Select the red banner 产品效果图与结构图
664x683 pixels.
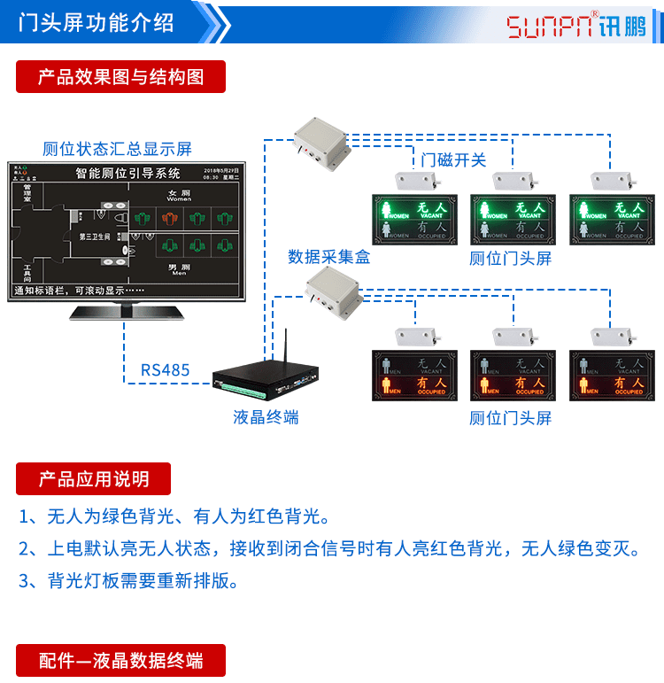coord(120,77)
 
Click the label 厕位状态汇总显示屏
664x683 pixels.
coord(117,148)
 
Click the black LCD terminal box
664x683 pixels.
coord(266,377)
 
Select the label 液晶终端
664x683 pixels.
coord(266,417)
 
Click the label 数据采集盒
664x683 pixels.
coord(329,257)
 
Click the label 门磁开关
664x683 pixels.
coord(453,160)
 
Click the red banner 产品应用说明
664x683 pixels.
coord(93,479)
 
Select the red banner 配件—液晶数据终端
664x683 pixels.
coord(120,661)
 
